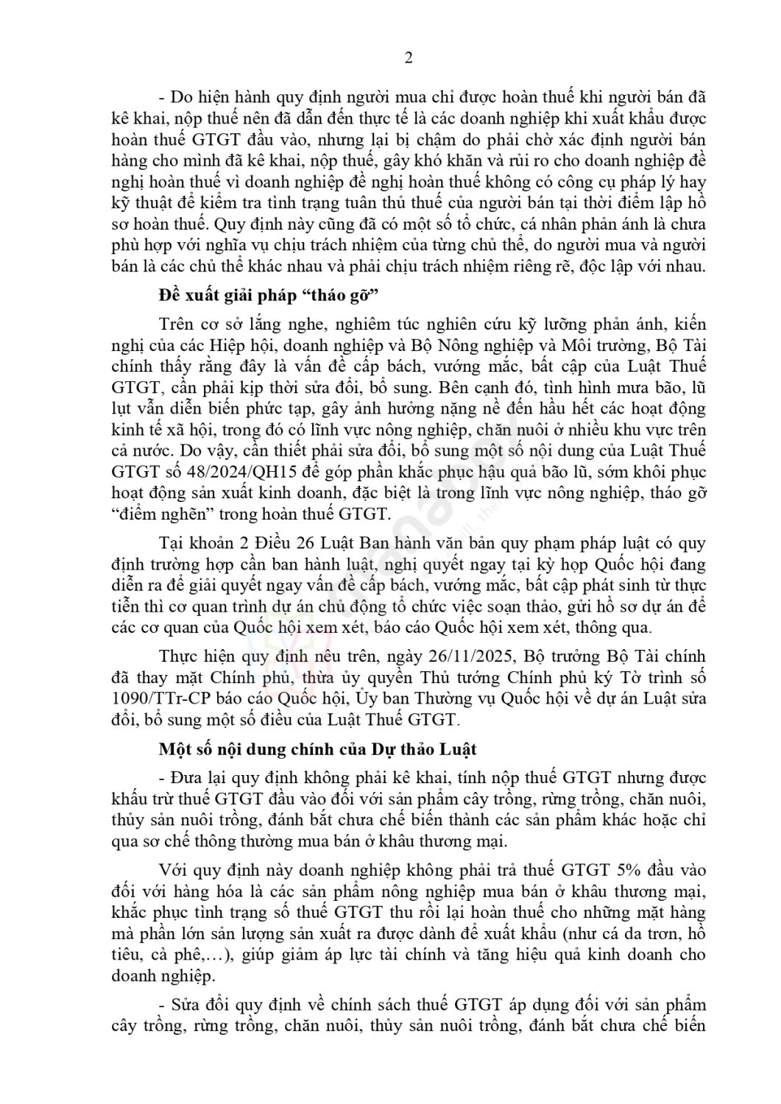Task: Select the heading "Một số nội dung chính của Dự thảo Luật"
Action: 318,749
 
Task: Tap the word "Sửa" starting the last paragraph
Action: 186,1005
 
